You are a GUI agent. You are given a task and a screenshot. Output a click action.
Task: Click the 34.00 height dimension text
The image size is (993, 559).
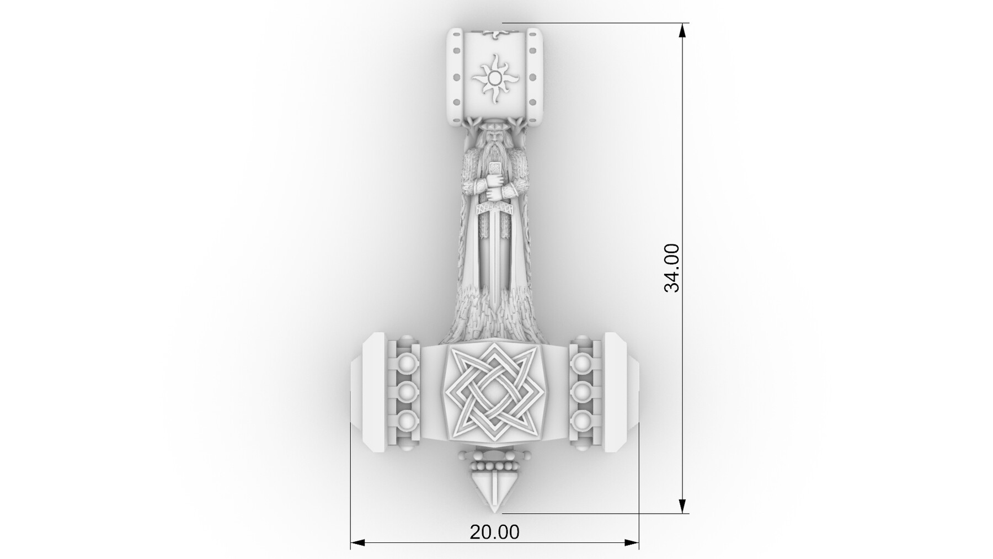pos(672,268)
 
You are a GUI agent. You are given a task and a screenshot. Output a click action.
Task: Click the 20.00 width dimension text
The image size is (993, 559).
pos(494,532)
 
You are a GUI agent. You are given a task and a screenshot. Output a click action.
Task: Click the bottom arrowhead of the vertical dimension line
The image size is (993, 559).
pos(682,506)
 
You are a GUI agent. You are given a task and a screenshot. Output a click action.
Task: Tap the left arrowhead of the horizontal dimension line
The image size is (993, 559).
pos(357,543)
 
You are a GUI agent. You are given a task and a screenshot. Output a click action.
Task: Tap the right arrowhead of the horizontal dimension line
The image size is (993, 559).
pos(632,543)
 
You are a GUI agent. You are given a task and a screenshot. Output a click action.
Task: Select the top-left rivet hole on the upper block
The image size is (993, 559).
pos(456,51)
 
